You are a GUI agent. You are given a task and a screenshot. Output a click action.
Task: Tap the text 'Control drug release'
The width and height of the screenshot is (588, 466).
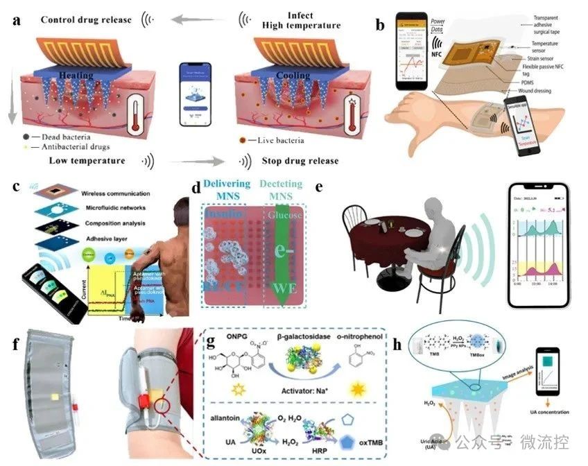[86, 19]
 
